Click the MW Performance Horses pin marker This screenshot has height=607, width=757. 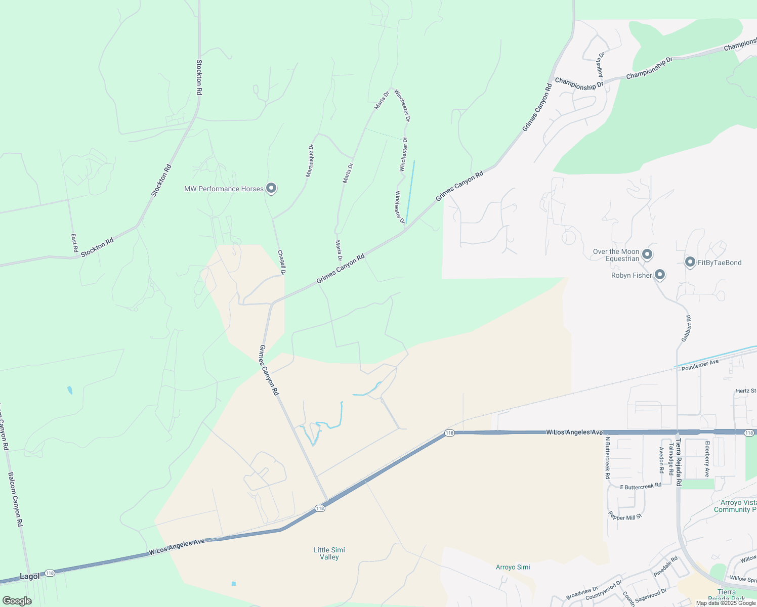(271, 188)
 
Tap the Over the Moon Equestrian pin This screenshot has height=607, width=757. (647, 254)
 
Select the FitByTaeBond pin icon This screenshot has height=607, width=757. (690, 262)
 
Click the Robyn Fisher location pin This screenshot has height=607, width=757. (659, 274)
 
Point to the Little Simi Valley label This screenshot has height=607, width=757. (329, 553)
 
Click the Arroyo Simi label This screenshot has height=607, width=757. (513, 567)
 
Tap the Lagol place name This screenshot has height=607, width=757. (29, 576)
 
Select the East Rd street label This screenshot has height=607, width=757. (74, 243)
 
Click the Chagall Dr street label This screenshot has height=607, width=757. (282, 263)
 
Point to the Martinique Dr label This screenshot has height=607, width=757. (310, 161)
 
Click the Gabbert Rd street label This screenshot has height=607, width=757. (686, 329)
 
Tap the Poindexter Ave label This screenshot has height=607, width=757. (700, 365)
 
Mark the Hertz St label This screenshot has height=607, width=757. (746, 391)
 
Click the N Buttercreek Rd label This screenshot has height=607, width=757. (607, 458)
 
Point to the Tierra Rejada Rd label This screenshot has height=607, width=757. (678, 462)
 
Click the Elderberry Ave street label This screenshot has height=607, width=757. (707, 459)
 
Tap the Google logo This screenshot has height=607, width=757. (17, 601)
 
